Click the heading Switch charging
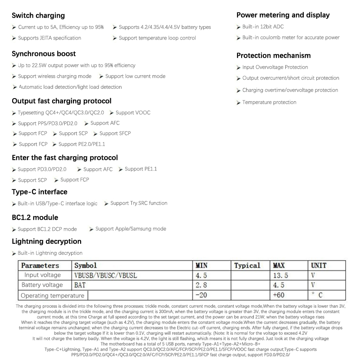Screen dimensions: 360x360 pos(38,15)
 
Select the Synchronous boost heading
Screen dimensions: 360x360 pos(44,54)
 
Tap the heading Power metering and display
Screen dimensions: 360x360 pos(283,15)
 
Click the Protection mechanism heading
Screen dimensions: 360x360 pos(273,55)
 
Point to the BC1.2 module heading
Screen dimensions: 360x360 pos(35,217)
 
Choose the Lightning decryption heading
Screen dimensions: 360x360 pos(46,241)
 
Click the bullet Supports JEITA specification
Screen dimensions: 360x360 pos(49,38)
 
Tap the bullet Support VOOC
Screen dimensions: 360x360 pos(133,112)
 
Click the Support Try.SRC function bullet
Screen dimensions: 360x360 pos(139,203)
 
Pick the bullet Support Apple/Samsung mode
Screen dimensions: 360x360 pos(130,229)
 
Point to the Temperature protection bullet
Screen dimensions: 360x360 pos(269,103)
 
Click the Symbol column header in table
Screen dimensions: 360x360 pos(85,265)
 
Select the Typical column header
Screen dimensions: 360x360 pos(247,265)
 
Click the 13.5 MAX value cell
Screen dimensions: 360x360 pos(280,275)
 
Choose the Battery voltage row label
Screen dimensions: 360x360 pos(42,285)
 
